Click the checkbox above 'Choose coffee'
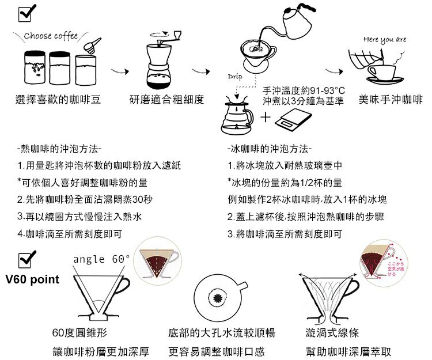(x=26, y=12)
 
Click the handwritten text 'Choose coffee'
(x=51, y=36)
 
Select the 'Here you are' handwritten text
(x=385, y=39)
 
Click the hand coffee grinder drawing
(x=165, y=60)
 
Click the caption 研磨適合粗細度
(x=167, y=100)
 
